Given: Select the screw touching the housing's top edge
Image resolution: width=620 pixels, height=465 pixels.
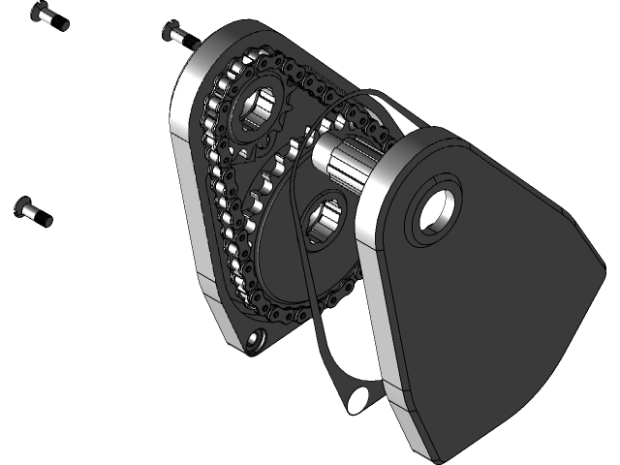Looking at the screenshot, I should coord(176,35).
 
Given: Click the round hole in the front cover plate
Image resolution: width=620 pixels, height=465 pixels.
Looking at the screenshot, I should coord(432,212).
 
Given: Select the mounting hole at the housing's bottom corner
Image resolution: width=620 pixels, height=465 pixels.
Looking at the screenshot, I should coord(256,338).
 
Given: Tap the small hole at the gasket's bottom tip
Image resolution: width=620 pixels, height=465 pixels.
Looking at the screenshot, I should coord(361,395).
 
